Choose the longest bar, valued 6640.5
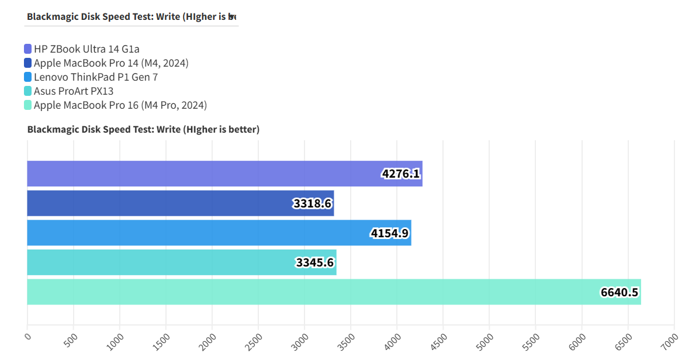(334, 292)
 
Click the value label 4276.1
(401, 174)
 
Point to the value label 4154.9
(390, 234)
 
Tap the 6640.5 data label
(619, 292)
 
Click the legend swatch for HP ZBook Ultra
(28, 49)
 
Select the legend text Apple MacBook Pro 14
(111, 63)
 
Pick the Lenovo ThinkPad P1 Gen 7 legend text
(96, 77)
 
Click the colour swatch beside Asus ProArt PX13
(28, 91)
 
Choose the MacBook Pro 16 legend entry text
(120, 105)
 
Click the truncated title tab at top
(132, 16)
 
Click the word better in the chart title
(244, 129)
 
